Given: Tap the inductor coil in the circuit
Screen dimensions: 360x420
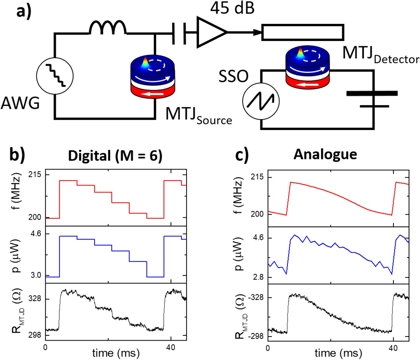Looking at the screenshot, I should click(107, 28).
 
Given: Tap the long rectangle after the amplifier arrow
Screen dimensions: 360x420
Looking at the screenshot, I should click(304, 32).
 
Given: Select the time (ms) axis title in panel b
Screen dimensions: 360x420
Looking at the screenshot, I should click(114, 352).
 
